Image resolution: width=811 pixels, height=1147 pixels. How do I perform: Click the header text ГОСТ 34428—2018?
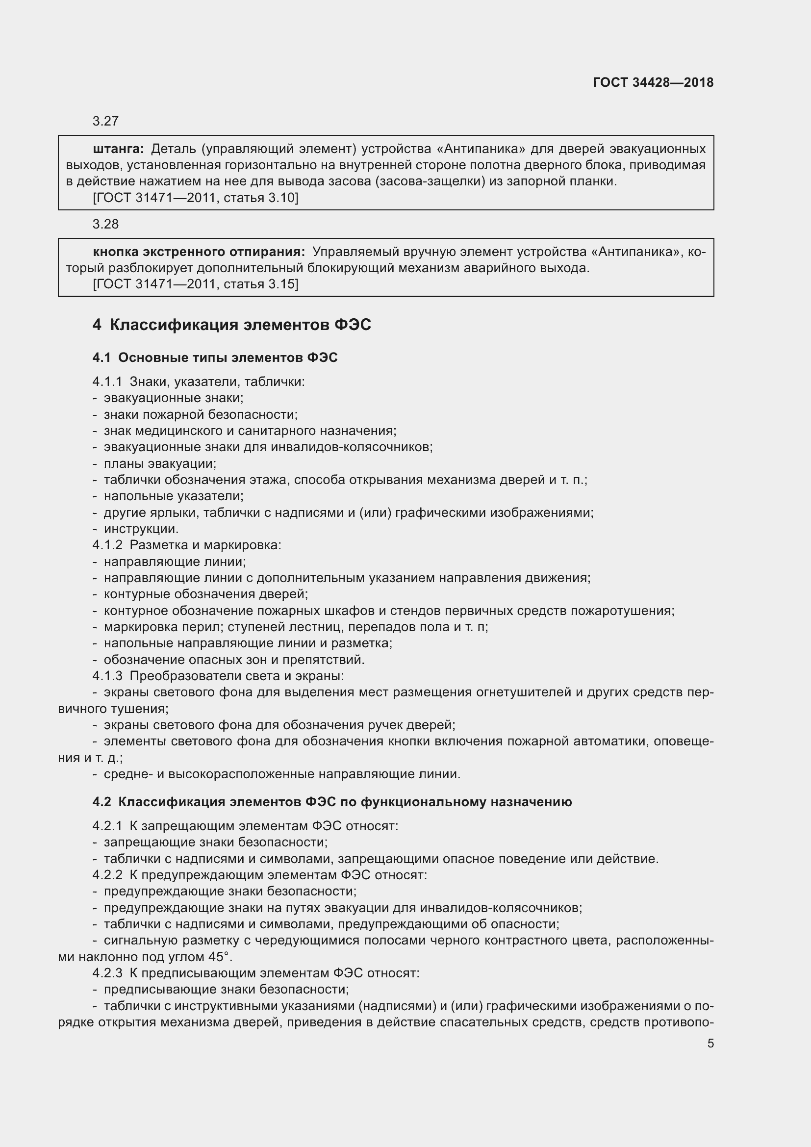653,82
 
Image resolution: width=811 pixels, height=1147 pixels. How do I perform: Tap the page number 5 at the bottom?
710,1043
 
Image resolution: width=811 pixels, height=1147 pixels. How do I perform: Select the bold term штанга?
118,149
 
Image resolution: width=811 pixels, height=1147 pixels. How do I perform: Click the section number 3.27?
105,121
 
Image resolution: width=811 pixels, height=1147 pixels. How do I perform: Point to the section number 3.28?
105,224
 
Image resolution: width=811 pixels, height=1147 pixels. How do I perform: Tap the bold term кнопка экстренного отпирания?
198,252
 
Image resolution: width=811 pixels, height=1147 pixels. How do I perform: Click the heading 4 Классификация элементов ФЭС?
231,325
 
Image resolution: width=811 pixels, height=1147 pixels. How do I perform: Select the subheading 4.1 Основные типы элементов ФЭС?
215,357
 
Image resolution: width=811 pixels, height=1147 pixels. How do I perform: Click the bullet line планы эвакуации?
160,463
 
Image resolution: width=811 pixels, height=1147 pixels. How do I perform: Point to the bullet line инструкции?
141,529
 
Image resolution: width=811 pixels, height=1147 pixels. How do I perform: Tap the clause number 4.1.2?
107,545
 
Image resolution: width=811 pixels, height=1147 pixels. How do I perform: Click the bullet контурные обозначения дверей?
206,594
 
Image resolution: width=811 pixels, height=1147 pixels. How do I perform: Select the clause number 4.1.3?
107,676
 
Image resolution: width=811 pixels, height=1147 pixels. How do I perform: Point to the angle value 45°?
220,957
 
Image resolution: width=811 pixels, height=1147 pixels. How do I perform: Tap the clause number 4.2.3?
107,972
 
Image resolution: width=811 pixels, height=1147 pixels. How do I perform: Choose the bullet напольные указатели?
173,496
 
